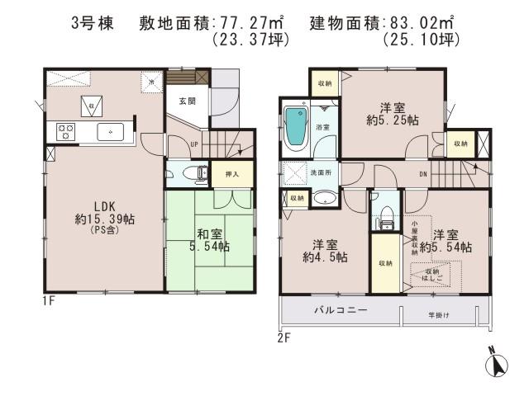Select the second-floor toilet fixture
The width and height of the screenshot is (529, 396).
click(x=384, y=216)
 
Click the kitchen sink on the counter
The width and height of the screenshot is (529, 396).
click(x=109, y=131)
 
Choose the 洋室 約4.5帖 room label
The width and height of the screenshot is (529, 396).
click(x=323, y=251)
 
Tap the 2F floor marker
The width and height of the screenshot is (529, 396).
click(x=283, y=337)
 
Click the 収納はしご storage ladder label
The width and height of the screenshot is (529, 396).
click(x=435, y=274)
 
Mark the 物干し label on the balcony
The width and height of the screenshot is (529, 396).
click(x=438, y=313)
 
